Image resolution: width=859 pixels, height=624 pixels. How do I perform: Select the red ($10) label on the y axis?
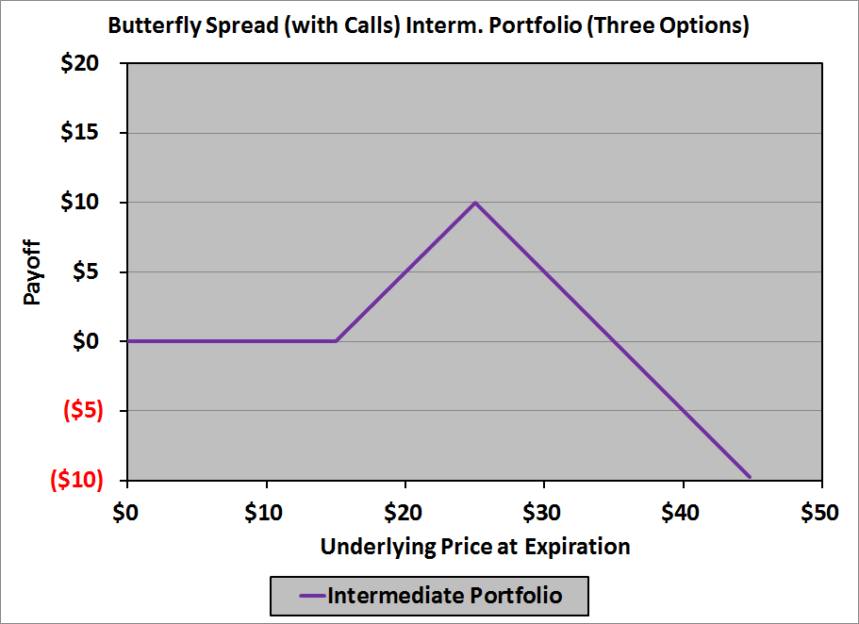click(x=75, y=480)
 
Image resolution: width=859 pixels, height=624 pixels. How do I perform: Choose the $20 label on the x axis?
click(x=405, y=513)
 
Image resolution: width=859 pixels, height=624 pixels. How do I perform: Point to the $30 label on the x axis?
click(x=544, y=513)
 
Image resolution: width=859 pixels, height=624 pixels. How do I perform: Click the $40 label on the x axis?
click(x=684, y=513)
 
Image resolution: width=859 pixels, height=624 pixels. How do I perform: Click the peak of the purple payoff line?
click(x=475, y=203)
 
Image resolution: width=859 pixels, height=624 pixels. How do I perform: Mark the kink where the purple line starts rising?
click(x=336, y=341)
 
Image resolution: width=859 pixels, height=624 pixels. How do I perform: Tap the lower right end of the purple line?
click(x=750, y=477)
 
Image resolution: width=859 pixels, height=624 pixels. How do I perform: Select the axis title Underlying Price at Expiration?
click(x=474, y=547)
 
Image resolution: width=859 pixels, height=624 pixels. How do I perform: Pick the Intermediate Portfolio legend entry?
click(x=430, y=596)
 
